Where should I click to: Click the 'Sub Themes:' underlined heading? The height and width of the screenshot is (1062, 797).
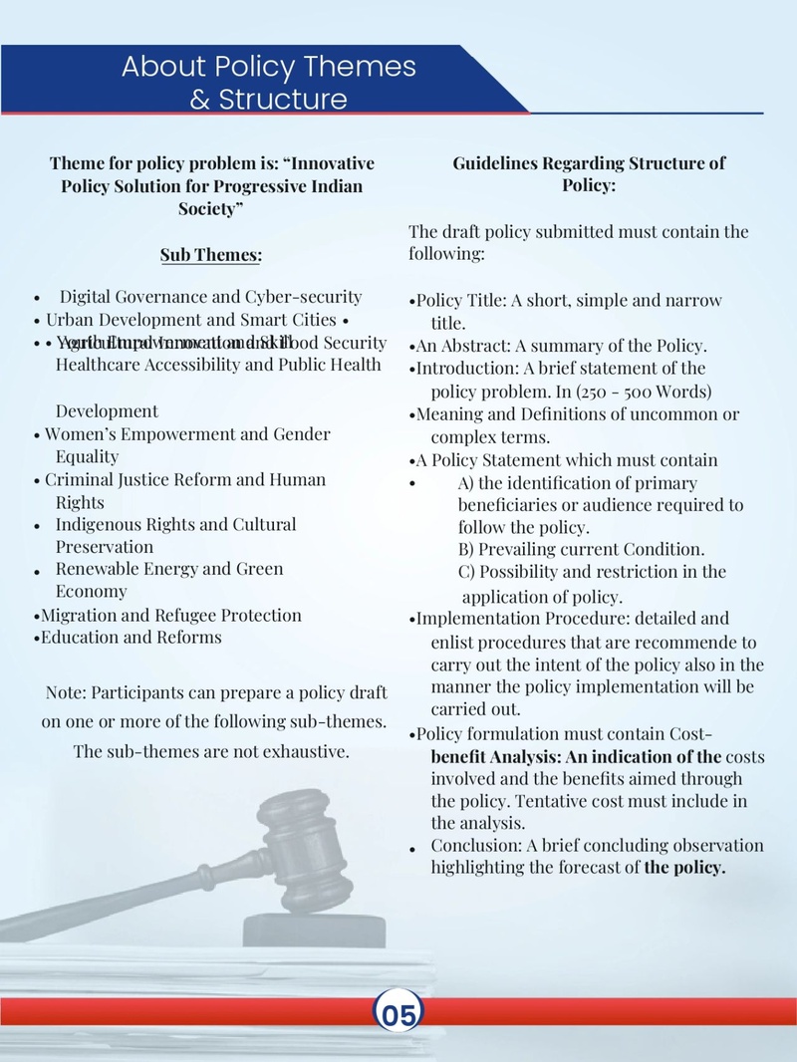[211, 256]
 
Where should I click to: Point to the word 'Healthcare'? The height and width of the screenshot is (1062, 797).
[98, 364]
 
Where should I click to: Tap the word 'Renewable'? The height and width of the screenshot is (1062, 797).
[96, 569]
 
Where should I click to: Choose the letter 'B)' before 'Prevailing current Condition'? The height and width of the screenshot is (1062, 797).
[466, 549]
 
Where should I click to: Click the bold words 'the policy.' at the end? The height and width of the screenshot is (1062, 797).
[684, 867]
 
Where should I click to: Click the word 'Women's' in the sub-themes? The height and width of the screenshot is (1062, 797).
[81, 434]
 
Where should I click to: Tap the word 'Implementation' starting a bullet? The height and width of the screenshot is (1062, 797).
[473, 618]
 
